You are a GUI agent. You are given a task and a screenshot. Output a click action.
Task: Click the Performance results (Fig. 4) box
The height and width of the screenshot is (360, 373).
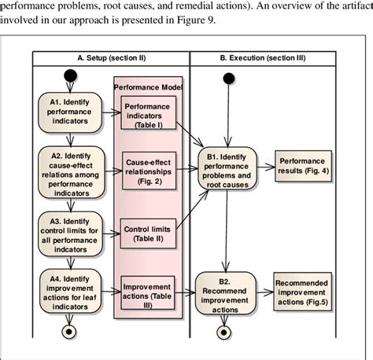point(301,165)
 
